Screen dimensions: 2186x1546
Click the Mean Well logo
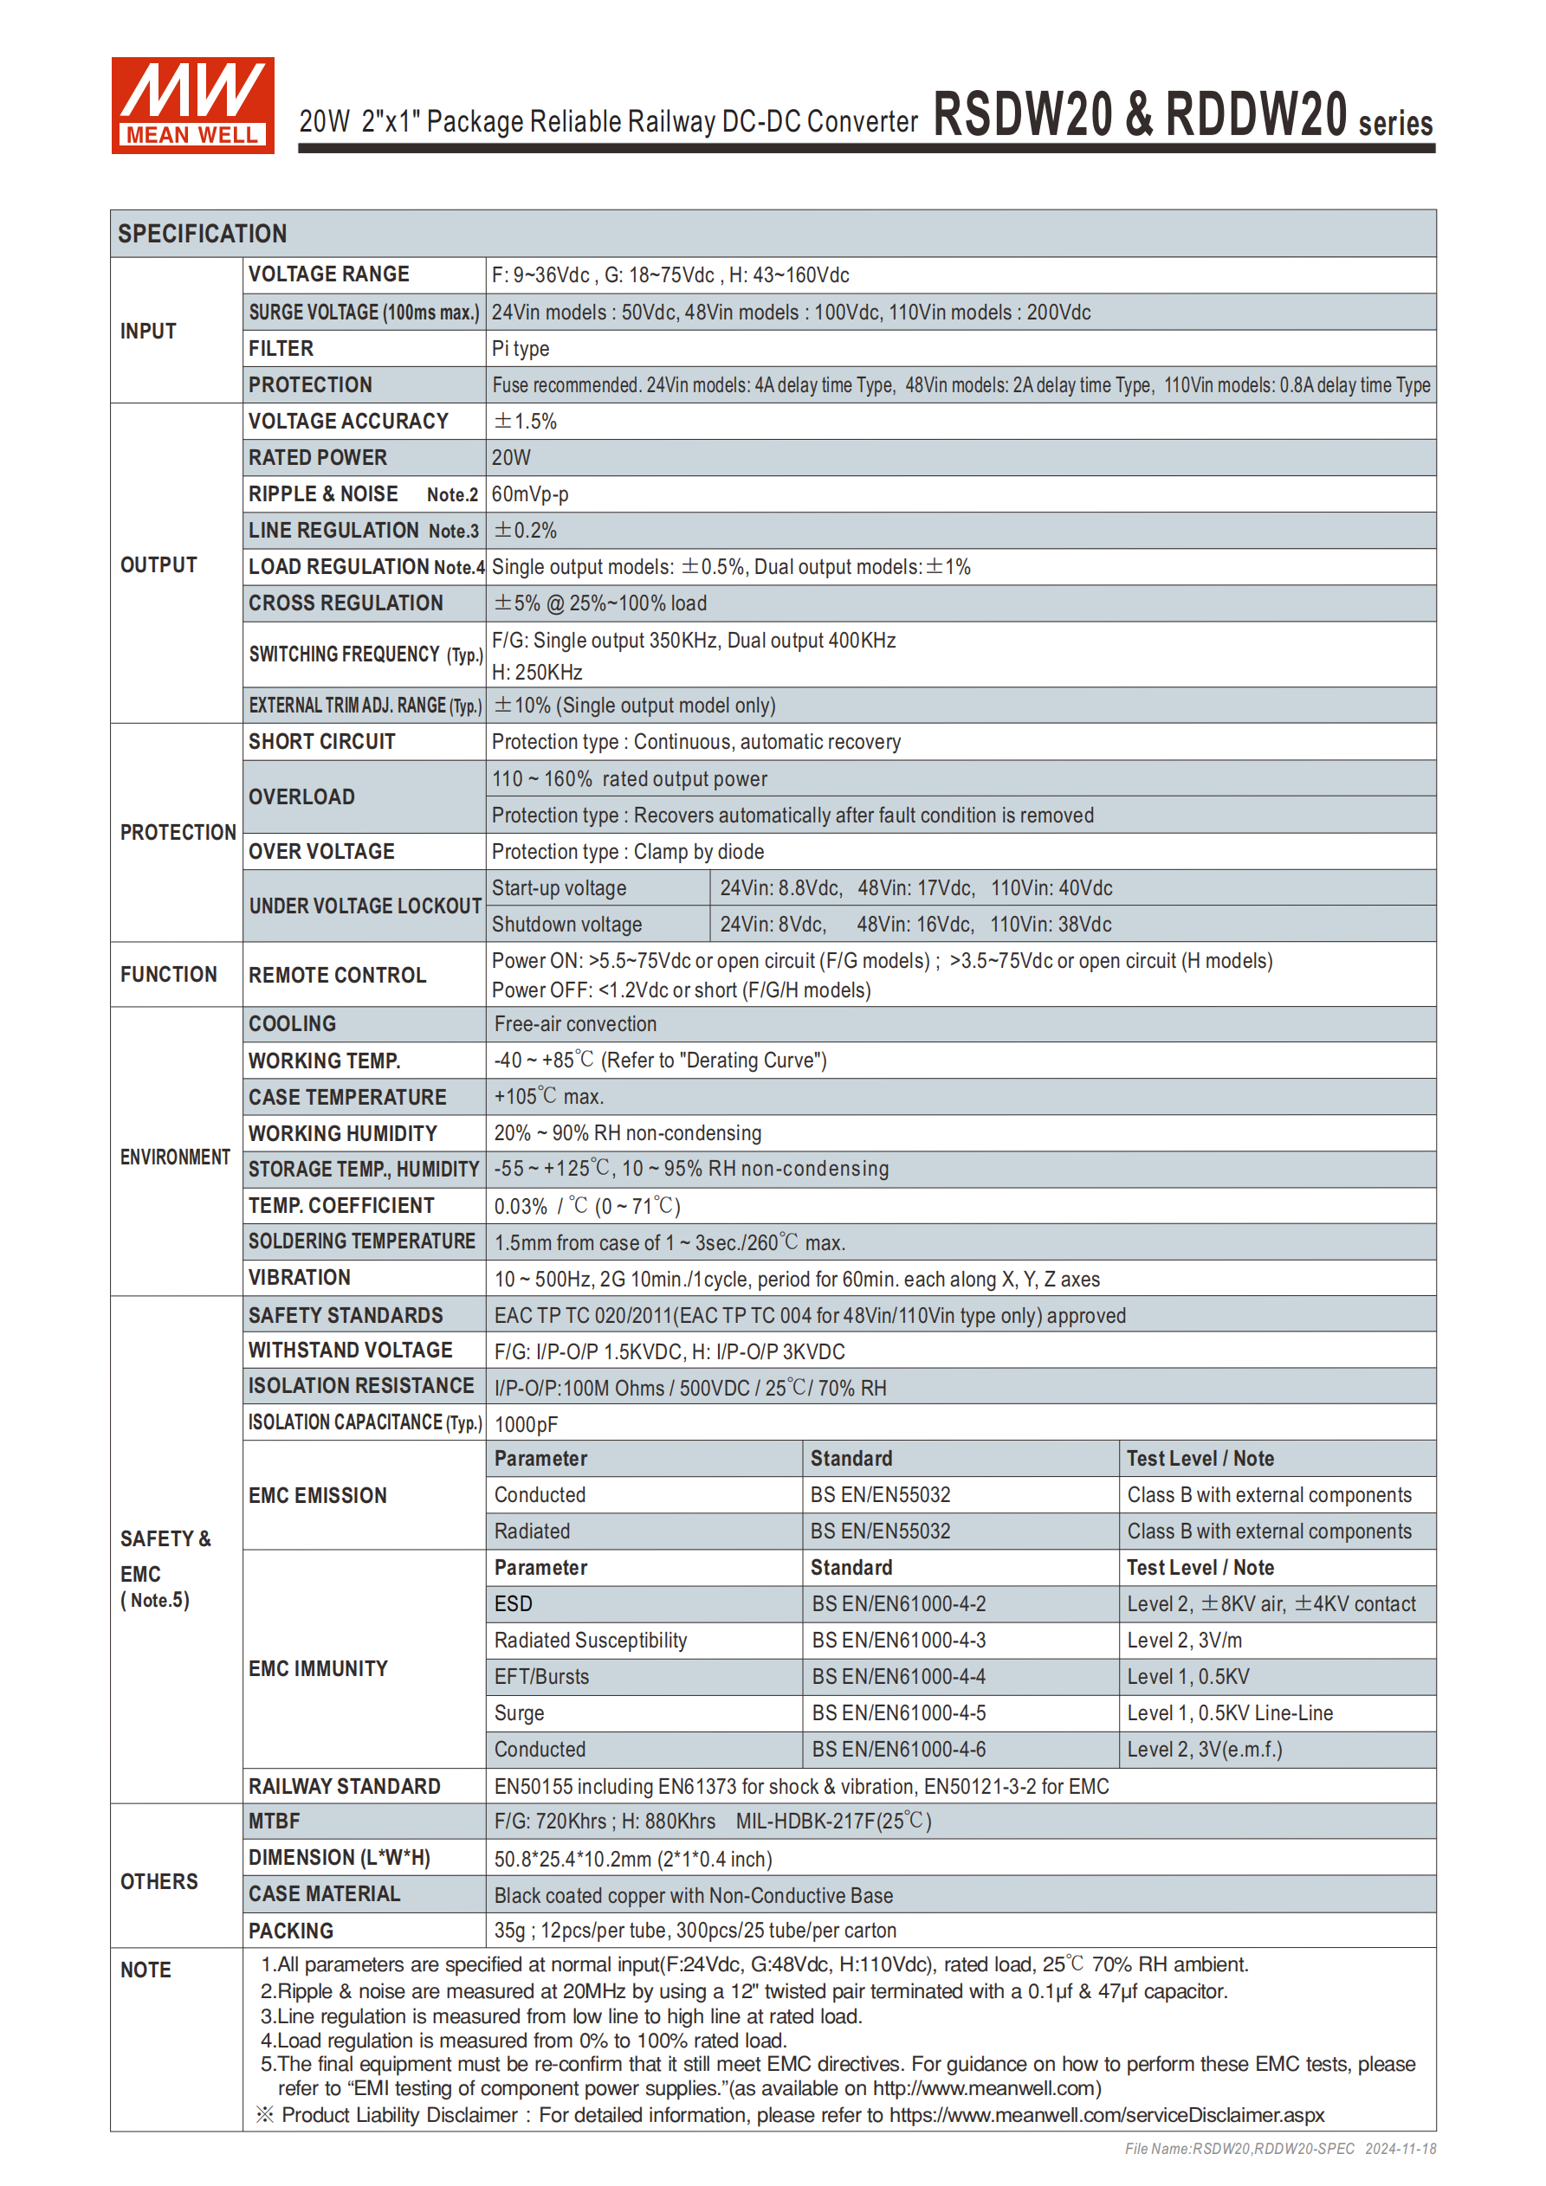pyautogui.click(x=192, y=105)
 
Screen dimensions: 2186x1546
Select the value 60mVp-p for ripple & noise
pyautogui.click(x=529, y=494)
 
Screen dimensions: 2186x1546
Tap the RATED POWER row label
pyautogui.click(x=317, y=458)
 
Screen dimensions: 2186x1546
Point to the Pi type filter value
pyautogui.click(x=520, y=349)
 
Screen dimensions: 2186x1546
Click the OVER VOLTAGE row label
pyautogui.click(x=321, y=851)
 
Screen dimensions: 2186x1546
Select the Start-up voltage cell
pyautogui.click(x=560, y=888)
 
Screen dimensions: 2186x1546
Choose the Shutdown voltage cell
pyautogui.click(x=566, y=925)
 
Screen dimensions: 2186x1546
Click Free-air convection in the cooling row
pyautogui.click(x=575, y=1024)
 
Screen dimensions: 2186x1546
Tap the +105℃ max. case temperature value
pyautogui.click(x=548, y=1097)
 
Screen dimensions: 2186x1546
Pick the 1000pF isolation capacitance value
pyautogui.click(x=526, y=1424)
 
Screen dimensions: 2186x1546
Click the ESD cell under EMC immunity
pyautogui.click(x=514, y=1604)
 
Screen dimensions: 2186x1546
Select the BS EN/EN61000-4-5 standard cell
pyautogui.click(x=898, y=1712)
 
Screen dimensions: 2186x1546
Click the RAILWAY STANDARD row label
pyautogui.click(x=344, y=1786)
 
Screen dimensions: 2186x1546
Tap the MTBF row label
pyautogui.click(x=275, y=1822)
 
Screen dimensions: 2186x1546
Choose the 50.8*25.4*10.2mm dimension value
pyautogui.click(x=632, y=1859)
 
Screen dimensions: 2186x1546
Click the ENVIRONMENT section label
pyautogui.click(x=175, y=1157)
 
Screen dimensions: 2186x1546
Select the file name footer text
pyautogui.click(x=1279, y=2149)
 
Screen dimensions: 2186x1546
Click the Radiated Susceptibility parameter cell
pyautogui.click(x=591, y=1641)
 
